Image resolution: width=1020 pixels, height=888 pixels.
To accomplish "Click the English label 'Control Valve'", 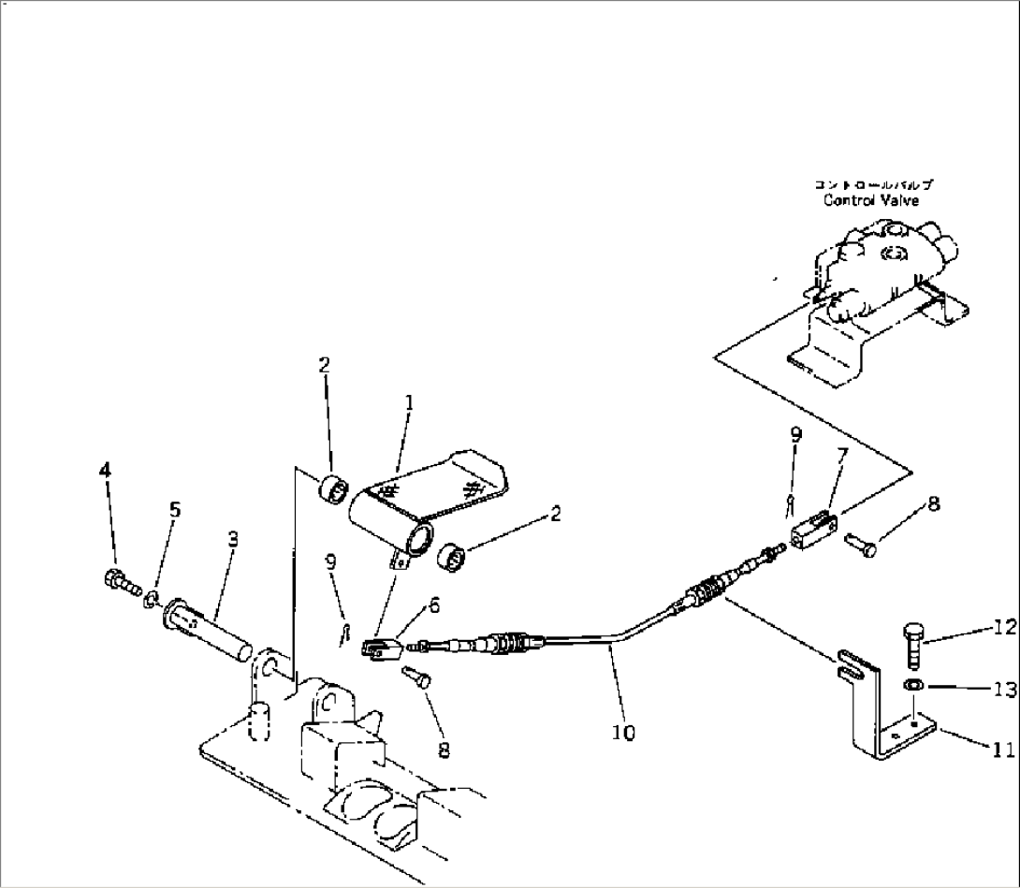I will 870,200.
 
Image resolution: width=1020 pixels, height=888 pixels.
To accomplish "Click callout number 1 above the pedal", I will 409,402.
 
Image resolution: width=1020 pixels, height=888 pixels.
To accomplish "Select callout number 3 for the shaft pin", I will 232,539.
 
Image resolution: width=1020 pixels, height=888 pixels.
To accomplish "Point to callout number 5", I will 175,510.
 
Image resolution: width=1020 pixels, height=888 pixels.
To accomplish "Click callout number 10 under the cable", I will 624,734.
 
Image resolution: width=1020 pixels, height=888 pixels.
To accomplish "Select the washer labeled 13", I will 912,688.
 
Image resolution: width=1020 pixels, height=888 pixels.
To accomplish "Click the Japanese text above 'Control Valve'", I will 871,185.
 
